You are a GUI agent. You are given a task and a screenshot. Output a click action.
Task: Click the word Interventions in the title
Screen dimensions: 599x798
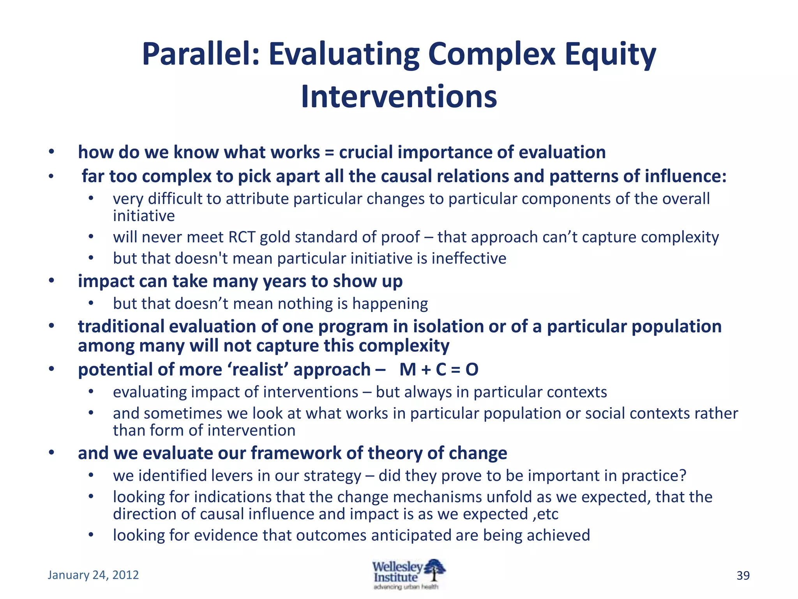click(399, 97)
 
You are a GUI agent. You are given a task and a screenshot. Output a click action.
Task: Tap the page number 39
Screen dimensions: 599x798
click(743, 576)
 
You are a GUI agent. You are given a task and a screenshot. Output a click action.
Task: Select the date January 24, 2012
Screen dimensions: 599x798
click(93, 575)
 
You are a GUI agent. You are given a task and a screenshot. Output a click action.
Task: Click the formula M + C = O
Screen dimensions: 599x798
click(439, 369)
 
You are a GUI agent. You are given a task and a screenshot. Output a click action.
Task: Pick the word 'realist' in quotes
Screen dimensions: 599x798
click(260, 369)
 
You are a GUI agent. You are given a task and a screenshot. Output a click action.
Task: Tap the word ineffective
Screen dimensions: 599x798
click(469, 259)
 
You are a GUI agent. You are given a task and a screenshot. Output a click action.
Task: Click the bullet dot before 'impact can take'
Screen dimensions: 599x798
click(51, 281)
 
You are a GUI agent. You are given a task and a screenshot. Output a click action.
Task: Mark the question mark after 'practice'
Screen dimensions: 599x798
click(682, 476)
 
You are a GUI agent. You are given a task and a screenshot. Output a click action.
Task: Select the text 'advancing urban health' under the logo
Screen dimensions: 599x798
click(406, 587)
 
